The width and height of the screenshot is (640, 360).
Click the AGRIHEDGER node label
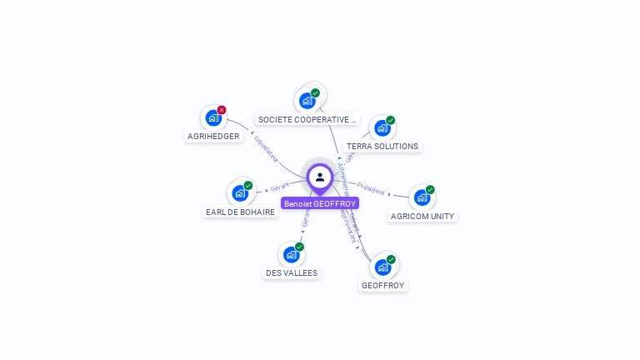pyautogui.click(x=213, y=136)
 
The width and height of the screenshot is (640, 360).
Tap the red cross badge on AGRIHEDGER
pyautogui.click(x=222, y=110)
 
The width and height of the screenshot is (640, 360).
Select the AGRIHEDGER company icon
pyautogui.click(x=213, y=118)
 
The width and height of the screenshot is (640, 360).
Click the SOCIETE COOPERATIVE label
pyautogui.click(x=307, y=119)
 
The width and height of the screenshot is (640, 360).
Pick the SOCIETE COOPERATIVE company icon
pyautogui.click(x=307, y=101)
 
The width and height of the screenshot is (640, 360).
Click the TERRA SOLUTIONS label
pyautogui.click(x=382, y=146)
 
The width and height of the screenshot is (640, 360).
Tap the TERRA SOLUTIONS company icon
pyautogui.click(x=382, y=128)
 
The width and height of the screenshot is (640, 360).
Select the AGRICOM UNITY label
pyautogui.click(x=422, y=216)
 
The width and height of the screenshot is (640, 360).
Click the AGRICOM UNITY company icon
pyautogui.click(x=422, y=198)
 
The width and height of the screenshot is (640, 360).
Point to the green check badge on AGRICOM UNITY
pyautogui.click(x=430, y=190)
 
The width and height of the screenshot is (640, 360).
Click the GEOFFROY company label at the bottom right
pyautogui.click(x=382, y=285)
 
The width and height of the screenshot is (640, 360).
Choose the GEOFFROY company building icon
pyautogui.click(x=382, y=267)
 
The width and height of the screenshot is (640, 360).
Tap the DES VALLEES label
pyautogui.click(x=292, y=272)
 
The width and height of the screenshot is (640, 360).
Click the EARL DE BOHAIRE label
pyautogui.click(x=240, y=212)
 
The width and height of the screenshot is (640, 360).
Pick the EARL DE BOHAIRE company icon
pyautogui.click(x=239, y=193)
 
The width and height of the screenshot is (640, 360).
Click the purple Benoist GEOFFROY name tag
pyautogui.click(x=320, y=203)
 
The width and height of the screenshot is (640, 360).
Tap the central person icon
pyautogui.click(x=320, y=177)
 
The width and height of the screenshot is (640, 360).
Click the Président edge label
pyautogui.click(x=372, y=191)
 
